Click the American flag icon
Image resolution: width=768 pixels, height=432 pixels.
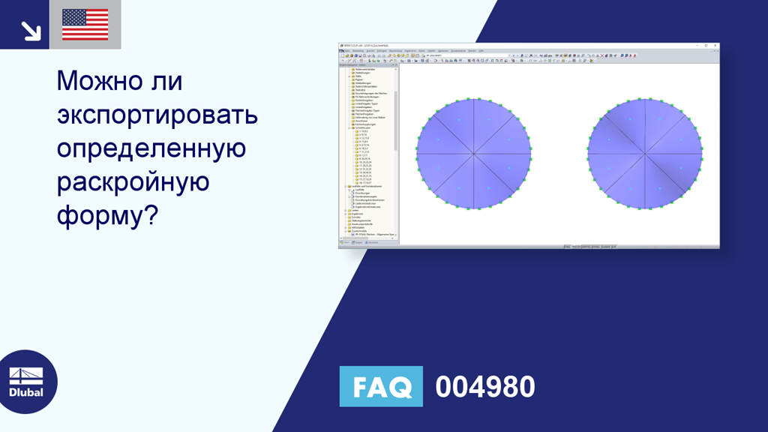(x=85, y=25)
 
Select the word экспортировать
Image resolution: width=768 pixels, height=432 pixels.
(x=157, y=115)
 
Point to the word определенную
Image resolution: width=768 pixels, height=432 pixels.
(x=151, y=148)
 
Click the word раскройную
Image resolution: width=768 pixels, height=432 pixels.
(x=131, y=182)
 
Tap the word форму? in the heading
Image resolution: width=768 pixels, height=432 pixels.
(x=106, y=216)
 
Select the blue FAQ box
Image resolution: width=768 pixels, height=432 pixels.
(x=381, y=386)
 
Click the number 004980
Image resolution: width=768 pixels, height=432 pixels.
(x=485, y=387)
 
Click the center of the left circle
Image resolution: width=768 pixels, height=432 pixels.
(x=474, y=154)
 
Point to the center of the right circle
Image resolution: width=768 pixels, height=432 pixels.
(x=645, y=154)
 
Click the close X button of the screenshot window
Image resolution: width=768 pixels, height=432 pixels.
(x=715, y=46)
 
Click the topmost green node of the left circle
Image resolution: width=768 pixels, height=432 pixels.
(x=474, y=97)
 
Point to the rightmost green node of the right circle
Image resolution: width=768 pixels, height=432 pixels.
(x=702, y=154)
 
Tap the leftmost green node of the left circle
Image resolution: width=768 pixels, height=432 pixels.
(x=417, y=154)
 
